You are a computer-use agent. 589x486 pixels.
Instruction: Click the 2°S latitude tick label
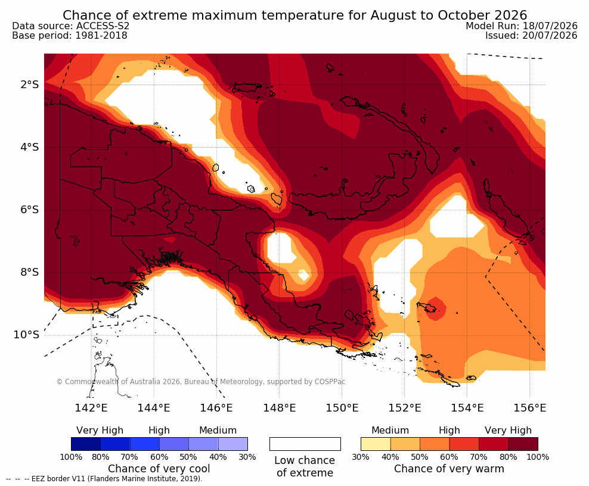pyautogui.click(x=30, y=85)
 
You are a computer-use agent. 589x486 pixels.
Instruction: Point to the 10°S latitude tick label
pyautogui.click(x=26, y=335)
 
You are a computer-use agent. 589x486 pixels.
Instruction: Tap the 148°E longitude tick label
pyautogui.click(x=279, y=407)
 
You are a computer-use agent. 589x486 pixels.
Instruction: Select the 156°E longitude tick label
pyautogui.click(x=529, y=407)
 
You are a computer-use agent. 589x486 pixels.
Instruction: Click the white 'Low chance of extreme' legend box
pyautogui.click(x=305, y=444)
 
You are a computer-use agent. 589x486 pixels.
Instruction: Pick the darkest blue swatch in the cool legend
pyautogui.click(x=86, y=444)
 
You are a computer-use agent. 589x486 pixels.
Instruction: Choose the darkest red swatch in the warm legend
pyautogui.click(x=523, y=444)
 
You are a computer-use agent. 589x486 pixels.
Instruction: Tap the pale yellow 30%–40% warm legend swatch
pyautogui.click(x=376, y=444)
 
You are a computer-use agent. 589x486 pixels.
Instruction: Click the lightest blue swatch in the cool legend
pyautogui.click(x=233, y=444)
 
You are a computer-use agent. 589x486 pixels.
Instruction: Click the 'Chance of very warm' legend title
pyautogui.click(x=449, y=469)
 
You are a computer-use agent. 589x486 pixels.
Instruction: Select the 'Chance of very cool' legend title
pyautogui.click(x=159, y=469)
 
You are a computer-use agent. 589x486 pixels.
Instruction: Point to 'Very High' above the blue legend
pyautogui.click(x=100, y=431)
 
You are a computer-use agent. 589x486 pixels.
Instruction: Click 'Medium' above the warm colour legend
pyautogui.click(x=390, y=430)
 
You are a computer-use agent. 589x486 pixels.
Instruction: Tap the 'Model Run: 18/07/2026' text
pyautogui.click(x=522, y=26)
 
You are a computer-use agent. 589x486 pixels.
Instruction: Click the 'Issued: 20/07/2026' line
pyautogui.click(x=531, y=35)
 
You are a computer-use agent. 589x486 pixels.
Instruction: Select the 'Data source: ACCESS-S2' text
pyautogui.click(x=70, y=26)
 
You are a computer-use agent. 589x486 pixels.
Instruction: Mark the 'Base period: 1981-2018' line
pyautogui.click(x=70, y=36)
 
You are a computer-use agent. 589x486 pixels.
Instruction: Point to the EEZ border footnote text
pyautogui.click(x=104, y=479)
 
